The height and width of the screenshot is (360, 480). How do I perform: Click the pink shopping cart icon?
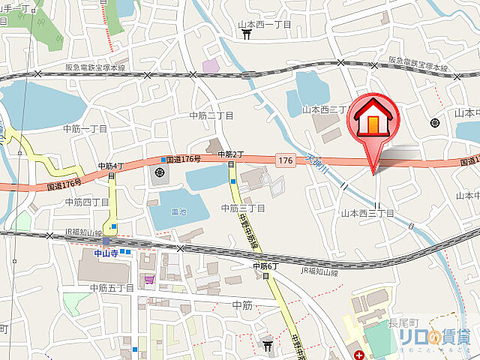(149, 280)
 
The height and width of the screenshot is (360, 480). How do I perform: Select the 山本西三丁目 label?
(367, 214)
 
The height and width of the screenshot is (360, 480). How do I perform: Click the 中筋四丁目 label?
(87, 202)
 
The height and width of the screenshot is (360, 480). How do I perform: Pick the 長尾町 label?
(403, 323)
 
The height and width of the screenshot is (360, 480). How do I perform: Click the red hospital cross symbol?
(360, 354)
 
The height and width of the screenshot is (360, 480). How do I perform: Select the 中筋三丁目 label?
(244, 208)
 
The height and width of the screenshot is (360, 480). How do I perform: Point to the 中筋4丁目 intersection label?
(111, 166)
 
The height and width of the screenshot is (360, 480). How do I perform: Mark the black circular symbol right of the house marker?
(434, 123)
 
